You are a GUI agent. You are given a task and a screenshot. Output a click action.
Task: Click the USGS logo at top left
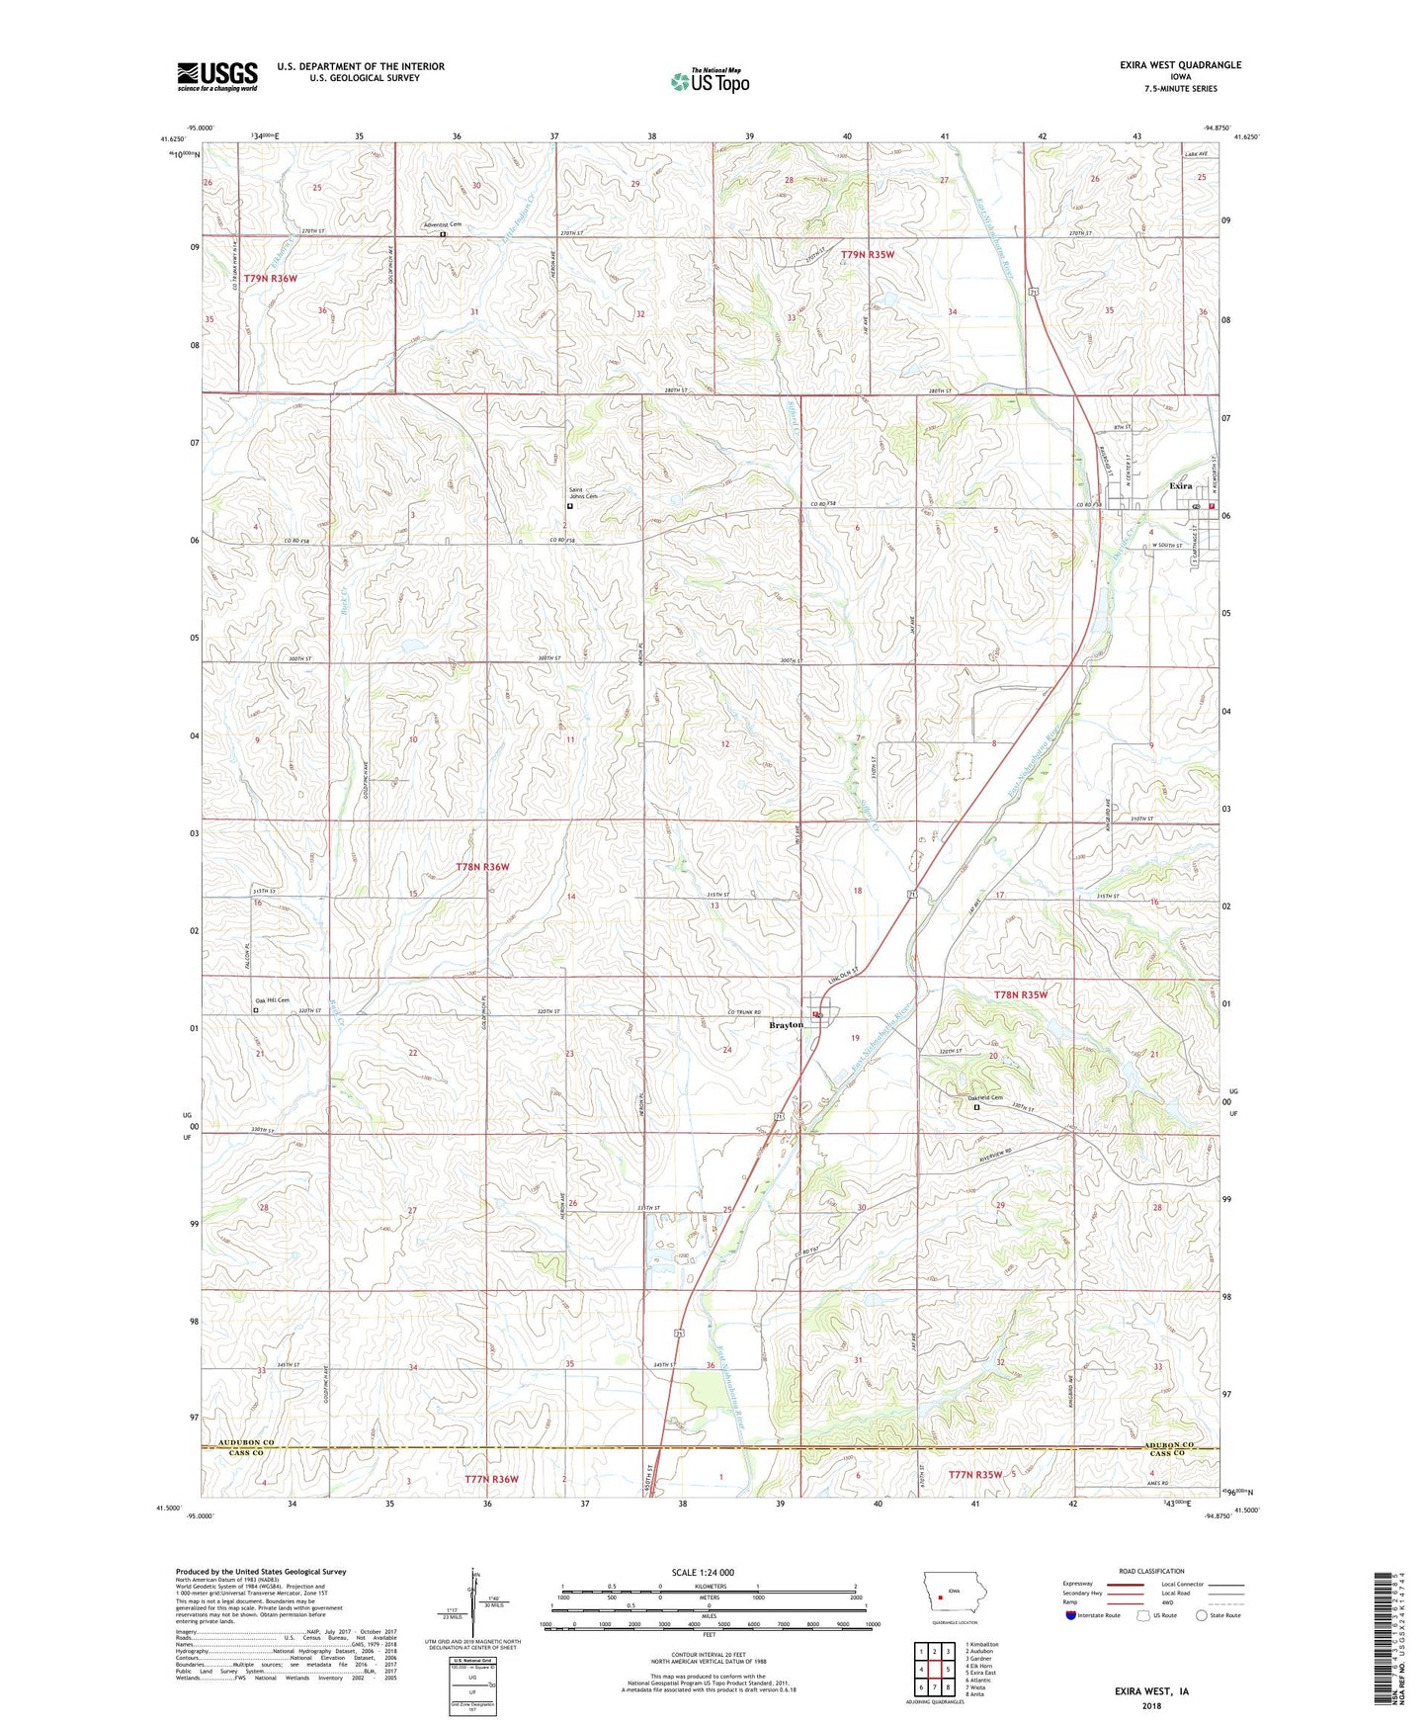(217, 75)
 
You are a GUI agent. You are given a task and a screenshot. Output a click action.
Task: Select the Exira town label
(1181, 486)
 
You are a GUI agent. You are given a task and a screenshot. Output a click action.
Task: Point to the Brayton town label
(787, 1025)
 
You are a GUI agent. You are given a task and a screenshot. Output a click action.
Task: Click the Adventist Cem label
(442, 225)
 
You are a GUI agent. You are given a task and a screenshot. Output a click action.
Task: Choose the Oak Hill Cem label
(272, 1000)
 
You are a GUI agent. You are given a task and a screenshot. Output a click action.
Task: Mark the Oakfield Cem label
(984, 1098)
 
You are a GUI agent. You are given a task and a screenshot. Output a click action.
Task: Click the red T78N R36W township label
(483, 867)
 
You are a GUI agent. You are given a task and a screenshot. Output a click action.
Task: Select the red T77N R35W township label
(974, 1474)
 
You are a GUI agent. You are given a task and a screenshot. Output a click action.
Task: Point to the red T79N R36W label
(270, 279)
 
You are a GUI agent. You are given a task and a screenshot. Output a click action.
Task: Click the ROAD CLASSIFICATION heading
(1151, 1571)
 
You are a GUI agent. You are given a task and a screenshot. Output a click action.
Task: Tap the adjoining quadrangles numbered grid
(934, 1671)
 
